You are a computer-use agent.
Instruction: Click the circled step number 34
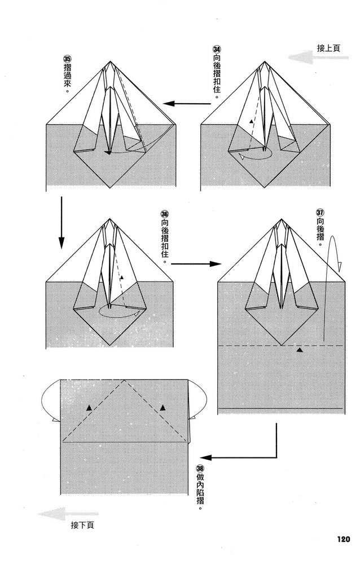coord(217,50)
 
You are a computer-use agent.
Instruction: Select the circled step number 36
coord(165,214)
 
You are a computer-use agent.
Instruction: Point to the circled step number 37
coord(320,213)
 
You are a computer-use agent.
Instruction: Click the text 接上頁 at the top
coord(328,48)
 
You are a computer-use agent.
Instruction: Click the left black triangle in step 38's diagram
coord(89,407)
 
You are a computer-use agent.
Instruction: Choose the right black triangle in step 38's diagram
coord(163,407)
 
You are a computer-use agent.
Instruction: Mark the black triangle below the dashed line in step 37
coord(300,350)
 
